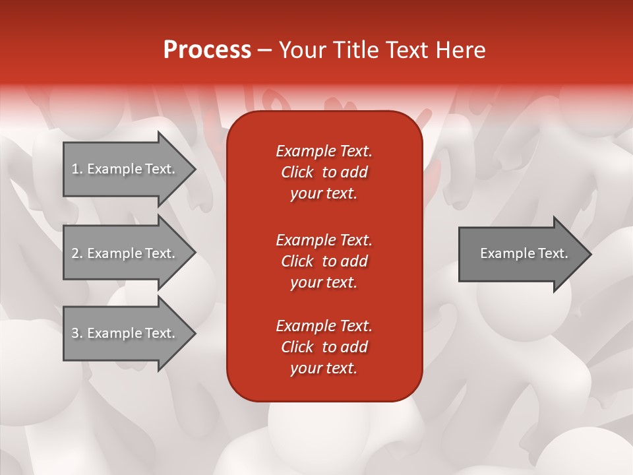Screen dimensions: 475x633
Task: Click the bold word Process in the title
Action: click(x=207, y=50)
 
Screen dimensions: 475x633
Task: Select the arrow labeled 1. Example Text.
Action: click(x=125, y=169)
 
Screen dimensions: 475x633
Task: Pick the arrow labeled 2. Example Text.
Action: click(x=125, y=253)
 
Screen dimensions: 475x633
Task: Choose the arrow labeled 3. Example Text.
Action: click(x=125, y=333)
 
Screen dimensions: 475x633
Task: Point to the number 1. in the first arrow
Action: click(x=76, y=169)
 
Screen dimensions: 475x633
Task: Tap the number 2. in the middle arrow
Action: click(x=76, y=253)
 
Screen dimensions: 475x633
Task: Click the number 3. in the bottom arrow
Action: click(x=76, y=333)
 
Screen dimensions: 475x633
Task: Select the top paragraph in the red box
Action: click(x=324, y=172)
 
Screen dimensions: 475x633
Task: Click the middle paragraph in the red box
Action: click(x=324, y=261)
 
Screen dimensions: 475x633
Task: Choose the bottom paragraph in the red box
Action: click(x=324, y=347)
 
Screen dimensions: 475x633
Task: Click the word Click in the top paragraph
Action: click(x=297, y=172)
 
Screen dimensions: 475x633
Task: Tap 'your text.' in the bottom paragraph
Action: click(x=324, y=368)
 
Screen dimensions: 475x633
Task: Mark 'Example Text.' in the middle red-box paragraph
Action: click(x=324, y=239)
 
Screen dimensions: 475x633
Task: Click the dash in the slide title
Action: click(x=265, y=50)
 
